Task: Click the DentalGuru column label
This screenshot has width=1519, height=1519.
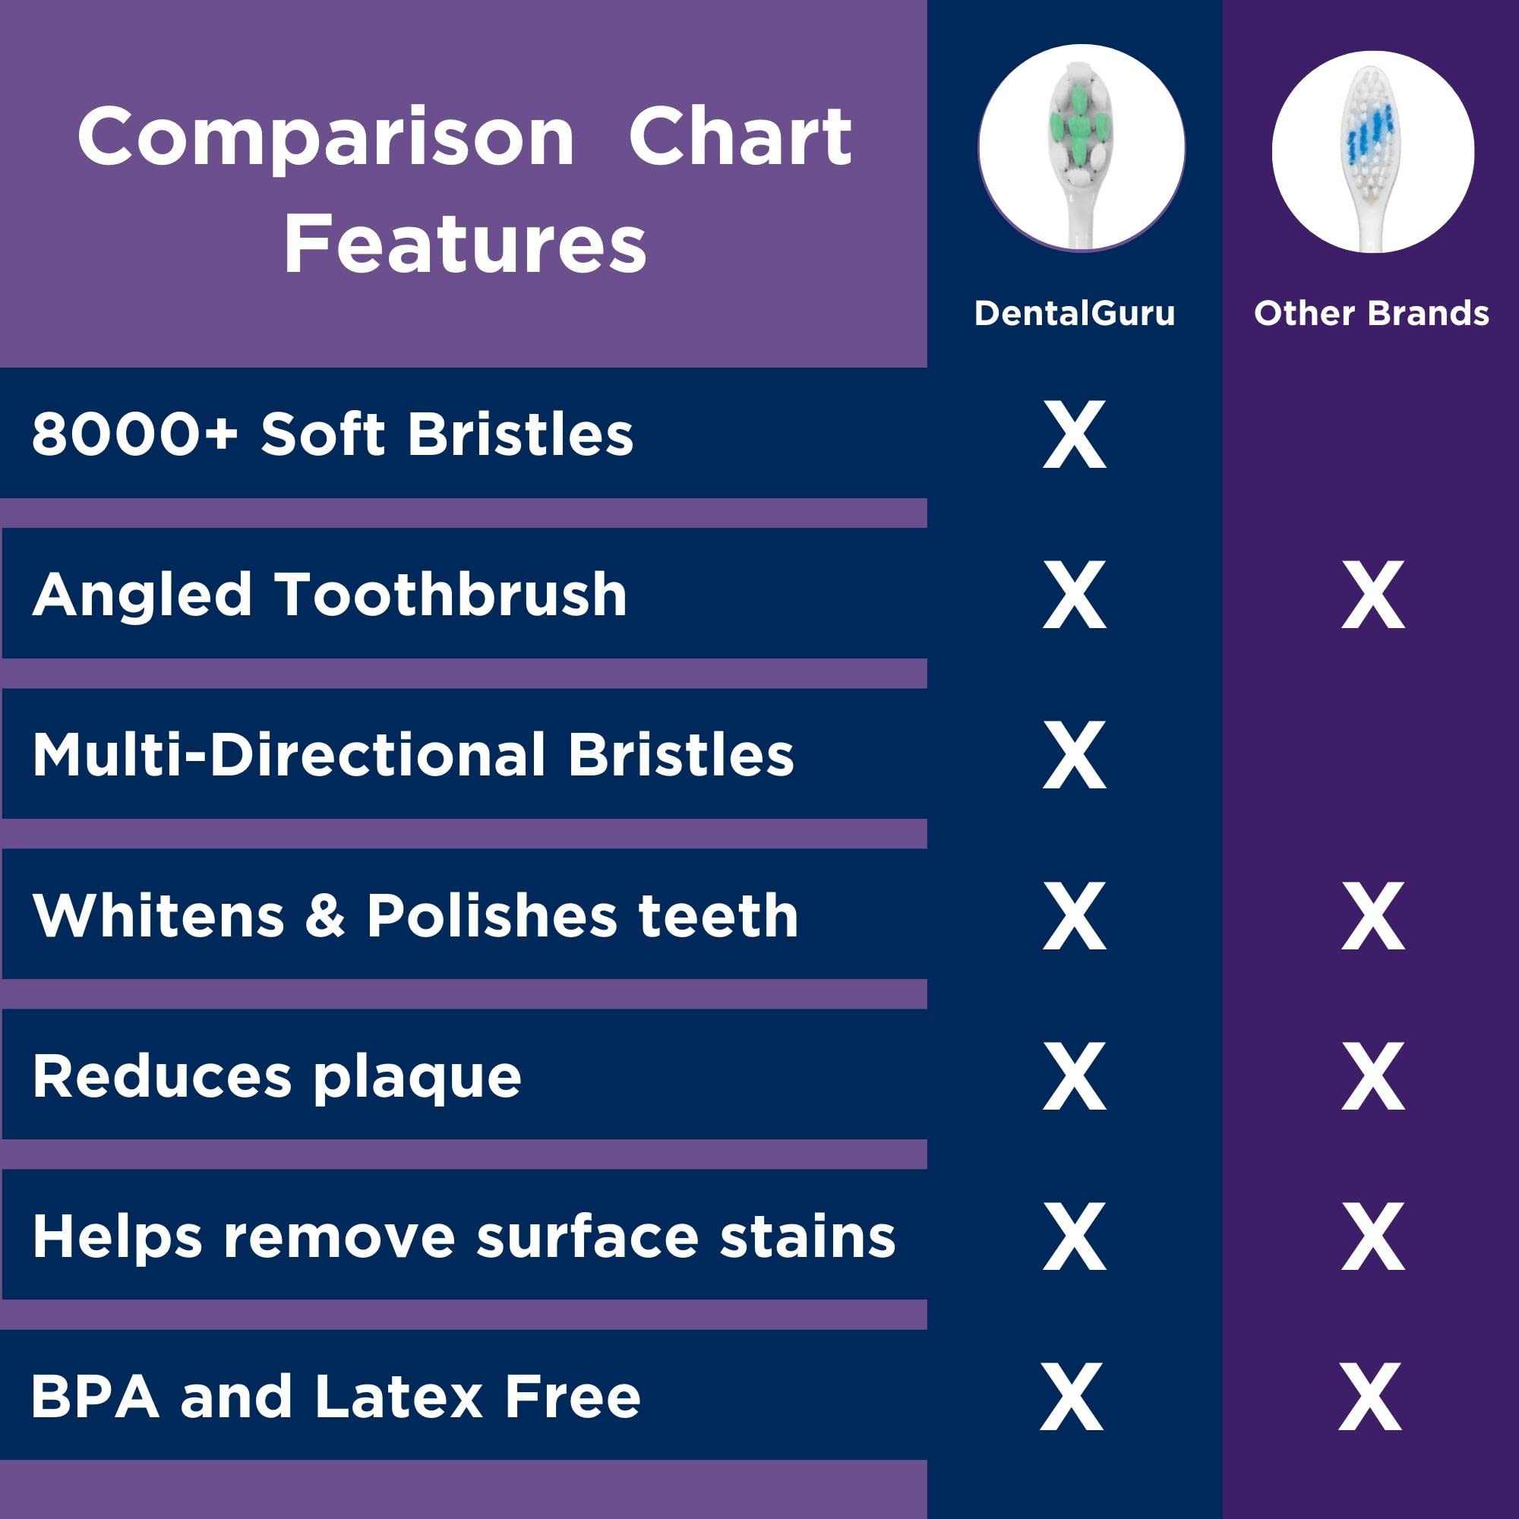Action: [x=1074, y=313]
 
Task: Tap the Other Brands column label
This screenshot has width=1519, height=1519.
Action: [x=1371, y=313]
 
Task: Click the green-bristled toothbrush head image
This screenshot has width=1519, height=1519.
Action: [x=1082, y=148]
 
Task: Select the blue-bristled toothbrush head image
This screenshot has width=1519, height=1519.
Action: [x=1372, y=153]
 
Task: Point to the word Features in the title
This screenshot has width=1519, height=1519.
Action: [x=465, y=244]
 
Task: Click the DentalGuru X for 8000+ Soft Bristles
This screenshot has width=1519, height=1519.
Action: [x=1074, y=434]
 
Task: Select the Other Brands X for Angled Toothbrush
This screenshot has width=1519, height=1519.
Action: [x=1372, y=595]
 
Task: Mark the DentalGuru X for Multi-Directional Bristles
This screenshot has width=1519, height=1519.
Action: [x=1074, y=756]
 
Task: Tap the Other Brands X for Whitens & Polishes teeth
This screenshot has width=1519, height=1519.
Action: [x=1372, y=916]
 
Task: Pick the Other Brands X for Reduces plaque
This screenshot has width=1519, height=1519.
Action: [x=1372, y=1076]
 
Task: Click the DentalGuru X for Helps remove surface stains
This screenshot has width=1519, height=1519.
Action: [x=1074, y=1236]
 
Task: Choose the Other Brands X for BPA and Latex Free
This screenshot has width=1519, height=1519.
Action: [x=1370, y=1397]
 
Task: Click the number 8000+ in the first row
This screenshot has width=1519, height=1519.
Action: [x=134, y=434]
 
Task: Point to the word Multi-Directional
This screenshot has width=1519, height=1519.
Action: [x=289, y=755]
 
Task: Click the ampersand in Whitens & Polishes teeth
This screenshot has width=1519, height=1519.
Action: [x=325, y=916]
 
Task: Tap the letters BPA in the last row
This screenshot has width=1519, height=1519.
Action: [x=94, y=1397]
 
